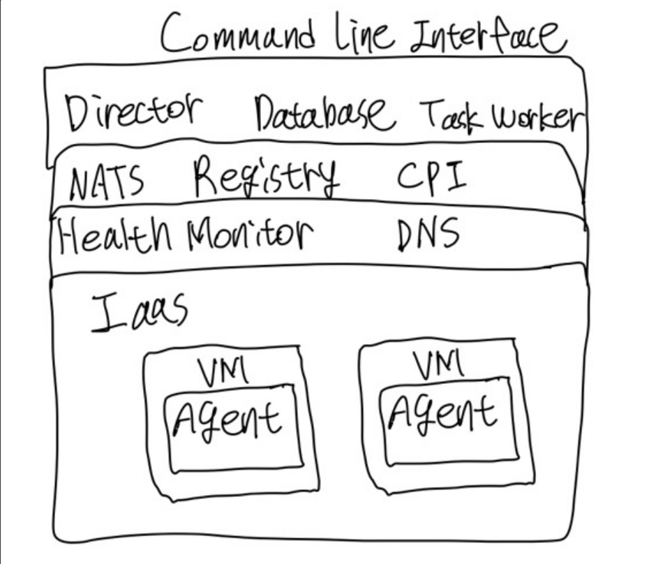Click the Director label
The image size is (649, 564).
[x=134, y=112]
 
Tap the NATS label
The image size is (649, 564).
[x=106, y=183]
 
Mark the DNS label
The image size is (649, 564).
[x=428, y=235]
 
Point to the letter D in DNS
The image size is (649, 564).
[x=407, y=236]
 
